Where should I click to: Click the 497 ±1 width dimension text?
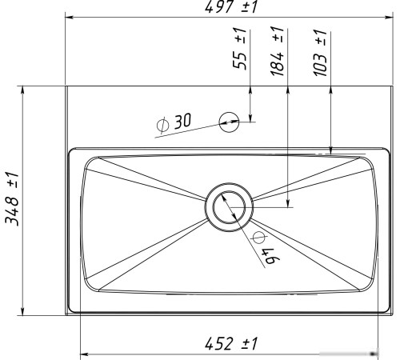point(231,6)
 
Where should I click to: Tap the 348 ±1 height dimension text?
point(12,199)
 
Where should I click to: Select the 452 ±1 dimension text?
point(231,343)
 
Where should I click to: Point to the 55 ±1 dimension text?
point(240,48)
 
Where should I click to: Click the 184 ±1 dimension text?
point(278,51)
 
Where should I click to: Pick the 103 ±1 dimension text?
point(320,53)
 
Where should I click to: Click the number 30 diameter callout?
point(183,121)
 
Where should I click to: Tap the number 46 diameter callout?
point(270,256)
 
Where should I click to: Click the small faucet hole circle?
point(229,122)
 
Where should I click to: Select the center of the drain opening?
point(229,207)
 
